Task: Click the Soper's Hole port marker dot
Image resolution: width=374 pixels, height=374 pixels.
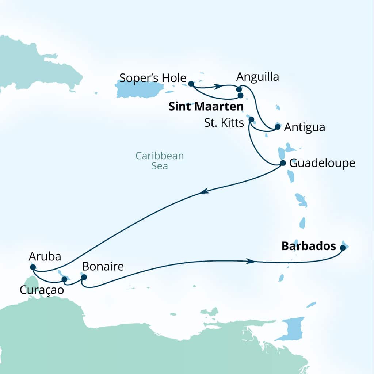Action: coord(191,84)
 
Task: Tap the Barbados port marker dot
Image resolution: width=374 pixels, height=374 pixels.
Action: coord(343,248)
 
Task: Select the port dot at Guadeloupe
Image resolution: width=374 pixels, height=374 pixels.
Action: coord(283,163)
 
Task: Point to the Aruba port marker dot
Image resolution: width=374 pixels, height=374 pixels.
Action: coord(33,267)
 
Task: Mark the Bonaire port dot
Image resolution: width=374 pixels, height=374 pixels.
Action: coord(84,277)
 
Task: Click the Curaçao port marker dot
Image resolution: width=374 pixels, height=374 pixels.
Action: coord(64,279)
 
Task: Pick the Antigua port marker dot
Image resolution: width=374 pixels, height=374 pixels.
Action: coord(278,127)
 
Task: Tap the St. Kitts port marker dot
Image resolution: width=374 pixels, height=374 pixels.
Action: coord(251,119)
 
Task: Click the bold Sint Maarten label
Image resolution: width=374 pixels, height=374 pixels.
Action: coord(206,107)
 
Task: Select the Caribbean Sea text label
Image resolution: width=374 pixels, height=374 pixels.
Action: coord(160,161)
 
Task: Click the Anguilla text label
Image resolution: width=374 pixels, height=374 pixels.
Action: coord(257,77)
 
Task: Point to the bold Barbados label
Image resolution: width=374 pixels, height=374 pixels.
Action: coord(309,247)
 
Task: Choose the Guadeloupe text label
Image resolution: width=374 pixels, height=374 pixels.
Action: coord(322,163)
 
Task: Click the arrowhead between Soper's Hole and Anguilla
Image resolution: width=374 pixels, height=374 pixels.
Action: coord(218,87)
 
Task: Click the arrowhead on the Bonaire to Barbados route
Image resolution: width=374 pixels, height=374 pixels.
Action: coord(250,261)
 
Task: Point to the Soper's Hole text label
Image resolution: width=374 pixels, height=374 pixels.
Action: coord(153,78)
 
